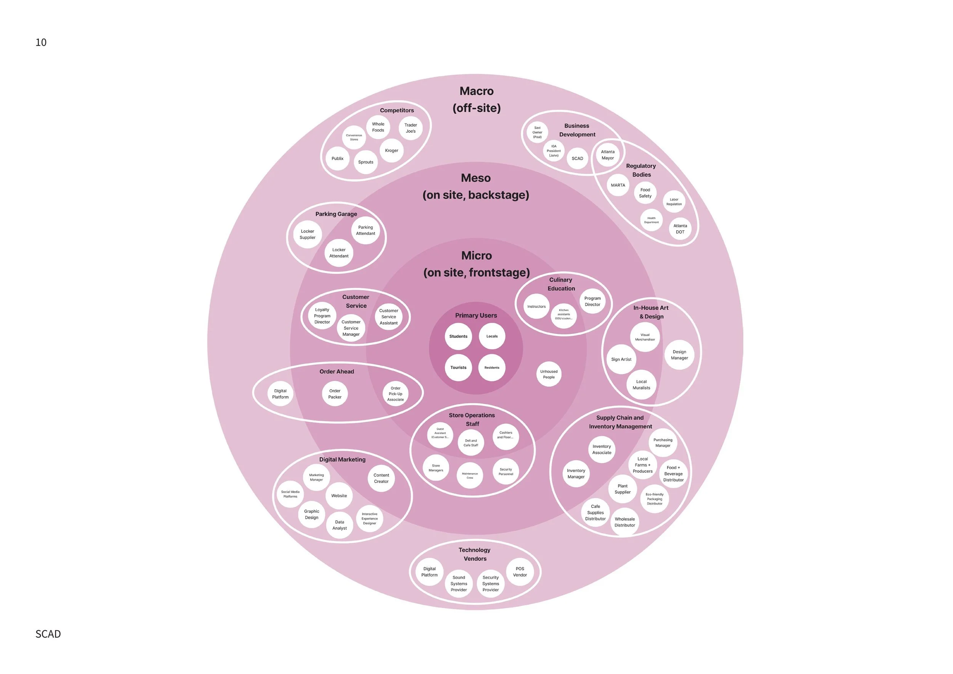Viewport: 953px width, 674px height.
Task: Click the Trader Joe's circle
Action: tap(411, 128)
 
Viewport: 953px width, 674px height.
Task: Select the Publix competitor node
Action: tap(337, 159)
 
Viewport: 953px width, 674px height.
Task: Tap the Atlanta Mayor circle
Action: tap(608, 155)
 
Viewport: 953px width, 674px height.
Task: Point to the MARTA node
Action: tap(618, 186)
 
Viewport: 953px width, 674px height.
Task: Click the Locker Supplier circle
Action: tap(308, 234)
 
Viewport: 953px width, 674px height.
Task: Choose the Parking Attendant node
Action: tap(365, 230)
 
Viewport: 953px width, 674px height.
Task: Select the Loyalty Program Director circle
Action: tap(322, 316)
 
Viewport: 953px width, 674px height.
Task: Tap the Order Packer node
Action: tap(335, 394)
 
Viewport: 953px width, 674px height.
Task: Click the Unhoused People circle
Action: tap(549, 374)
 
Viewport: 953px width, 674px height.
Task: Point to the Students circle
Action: tap(458, 337)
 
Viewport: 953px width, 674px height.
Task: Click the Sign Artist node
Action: tap(621, 359)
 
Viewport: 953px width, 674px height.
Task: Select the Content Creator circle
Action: tap(381, 478)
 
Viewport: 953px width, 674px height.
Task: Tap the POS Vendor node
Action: tap(520, 572)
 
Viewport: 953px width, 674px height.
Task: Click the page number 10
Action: tap(41, 42)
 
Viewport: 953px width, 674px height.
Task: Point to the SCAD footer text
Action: tap(48, 634)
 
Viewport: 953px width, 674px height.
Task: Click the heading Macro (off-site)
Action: tap(476, 99)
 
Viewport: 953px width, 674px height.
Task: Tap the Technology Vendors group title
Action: tap(475, 554)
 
